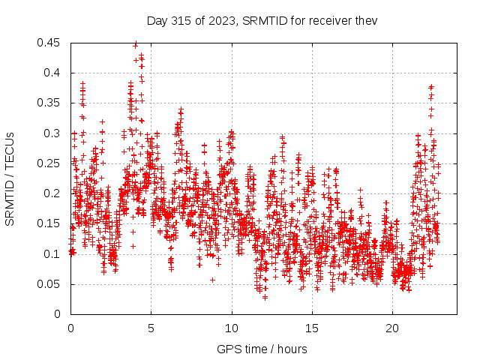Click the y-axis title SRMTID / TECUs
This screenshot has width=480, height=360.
pyautogui.click(x=10, y=178)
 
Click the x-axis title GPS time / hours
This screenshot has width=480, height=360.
pyautogui.click(x=262, y=349)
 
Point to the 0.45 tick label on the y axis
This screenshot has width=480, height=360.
pyautogui.click(x=50, y=43)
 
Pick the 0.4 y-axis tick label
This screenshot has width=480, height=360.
pyautogui.click(x=53, y=73)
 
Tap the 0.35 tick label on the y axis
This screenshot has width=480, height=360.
pyautogui.click(x=50, y=103)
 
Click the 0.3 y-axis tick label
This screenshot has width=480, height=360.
pyautogui.click(x=53, y=133)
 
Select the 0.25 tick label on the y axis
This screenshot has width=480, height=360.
pyautogui.click(x=50, y=163)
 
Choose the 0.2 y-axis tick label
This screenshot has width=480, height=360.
pyautogui.click(x=53, y=193)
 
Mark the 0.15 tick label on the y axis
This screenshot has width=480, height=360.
pyautogui.click(x=50, y=223)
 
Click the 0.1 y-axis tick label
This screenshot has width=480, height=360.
pyautogui.click(x=53, y=254)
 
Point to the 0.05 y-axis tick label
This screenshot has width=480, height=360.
pyautogui.click(x=50, y=284)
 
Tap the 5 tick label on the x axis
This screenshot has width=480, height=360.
pyautogui.click(x=151, y=328)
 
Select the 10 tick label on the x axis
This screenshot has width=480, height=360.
pyautogui.click(x=232, y=328)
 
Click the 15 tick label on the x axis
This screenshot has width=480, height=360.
pyautogui.click(x=312, y=328)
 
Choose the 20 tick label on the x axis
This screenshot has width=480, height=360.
pyautogui.click(x=392, y=328)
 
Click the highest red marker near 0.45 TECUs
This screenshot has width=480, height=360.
pyautogui.click(x=136, y=44)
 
